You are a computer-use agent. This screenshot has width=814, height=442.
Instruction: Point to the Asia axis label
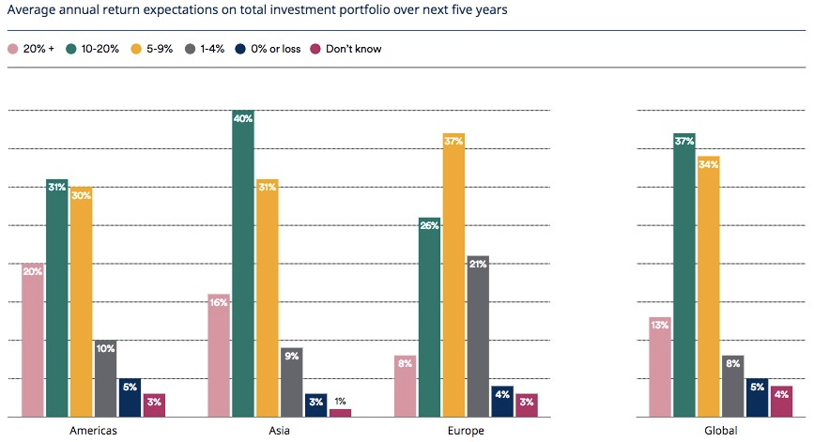tap(279, 431)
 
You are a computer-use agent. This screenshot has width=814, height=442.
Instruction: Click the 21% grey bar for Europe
tap(477, 338)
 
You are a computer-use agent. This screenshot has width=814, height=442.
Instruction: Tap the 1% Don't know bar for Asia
tap(341, 413)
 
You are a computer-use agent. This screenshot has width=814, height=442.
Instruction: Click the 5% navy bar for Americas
tap(130, 398)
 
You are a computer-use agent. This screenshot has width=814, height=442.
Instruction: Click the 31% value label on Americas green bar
tap(57, 188)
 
